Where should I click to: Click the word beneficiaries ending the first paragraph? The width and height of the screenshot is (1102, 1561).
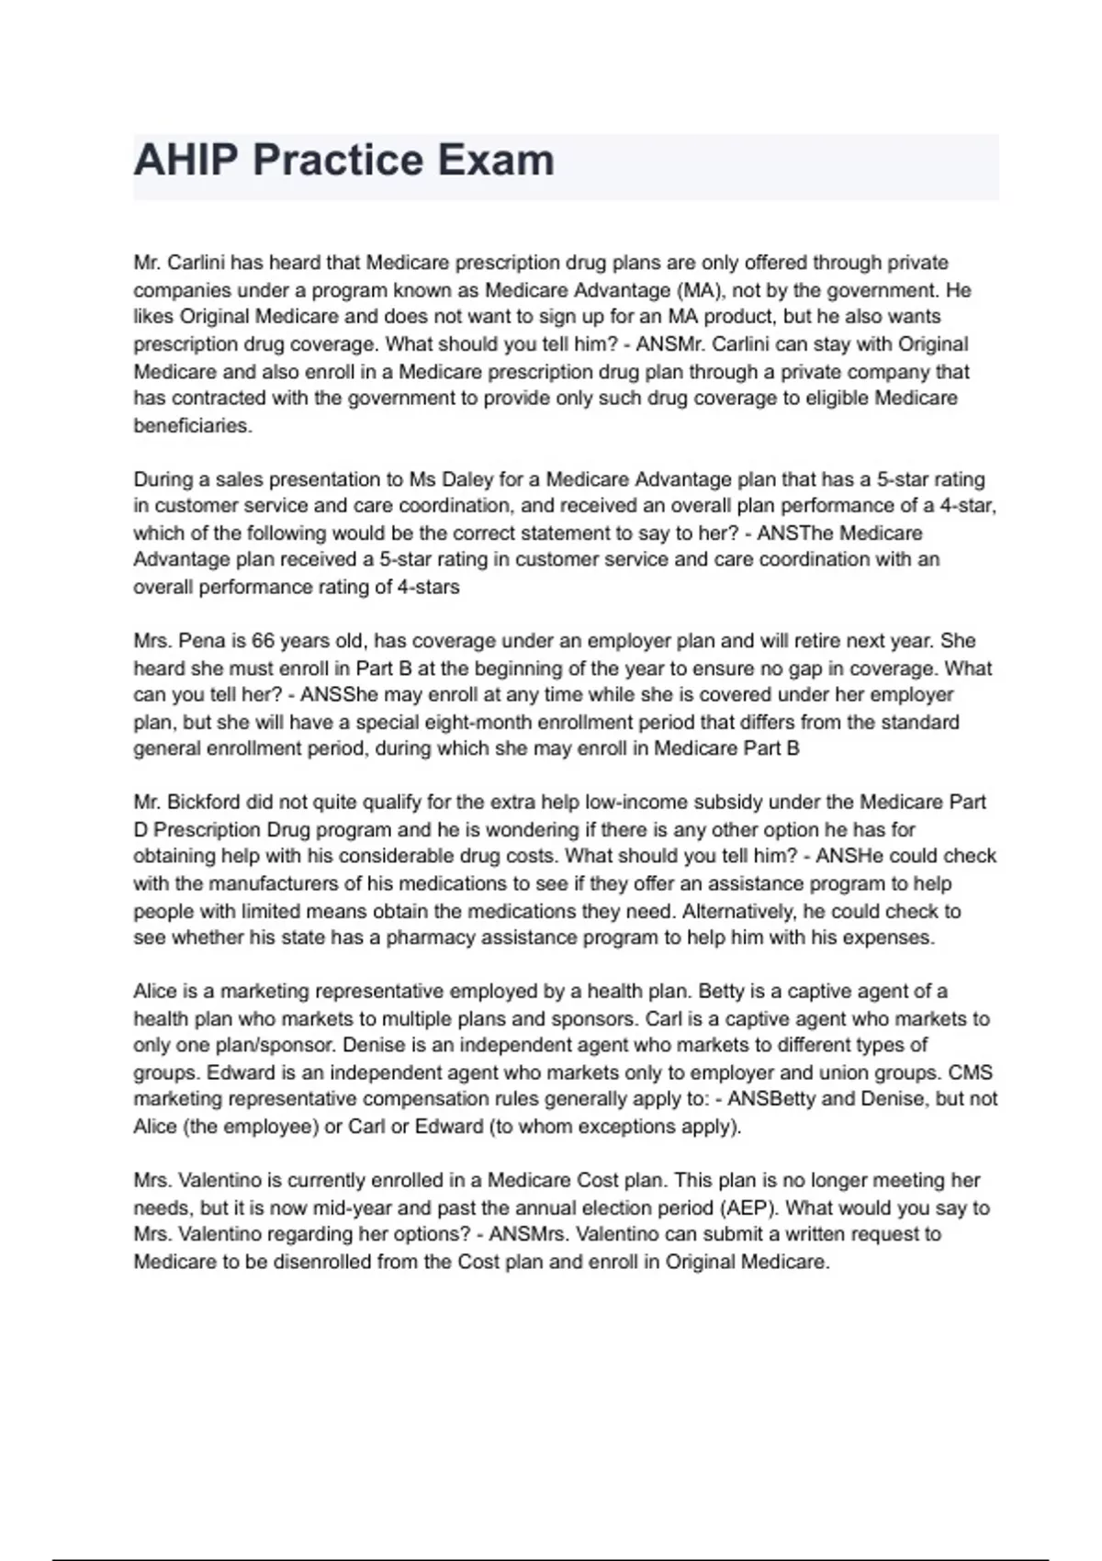[x=192, y=426]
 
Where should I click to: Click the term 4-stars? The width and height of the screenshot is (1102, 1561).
[x=428, y=587]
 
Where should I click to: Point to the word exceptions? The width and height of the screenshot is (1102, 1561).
[x=622, y=1127]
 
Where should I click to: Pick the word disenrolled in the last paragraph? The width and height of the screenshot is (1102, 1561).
[x=321, y=1262]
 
